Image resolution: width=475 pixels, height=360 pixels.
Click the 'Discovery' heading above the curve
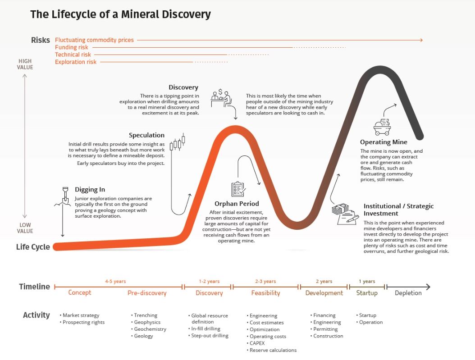[x=183, y=87]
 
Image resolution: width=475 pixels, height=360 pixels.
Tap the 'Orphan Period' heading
[x=237, y=204]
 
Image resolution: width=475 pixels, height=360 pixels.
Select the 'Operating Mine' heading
[x=384, y=142]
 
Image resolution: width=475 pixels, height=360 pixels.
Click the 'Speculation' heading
[x=146, y=135]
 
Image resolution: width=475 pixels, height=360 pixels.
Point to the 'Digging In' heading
[x=90, y=190]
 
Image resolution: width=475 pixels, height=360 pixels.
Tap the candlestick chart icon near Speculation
[x=178, y=143]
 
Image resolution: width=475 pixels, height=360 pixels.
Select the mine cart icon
[x=382, y=126]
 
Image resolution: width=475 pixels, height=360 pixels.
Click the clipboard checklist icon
[x=237, y=189]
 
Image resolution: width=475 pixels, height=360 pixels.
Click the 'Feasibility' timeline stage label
[x=265, y=293]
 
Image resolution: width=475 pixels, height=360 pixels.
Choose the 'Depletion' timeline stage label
[x=408, y=293]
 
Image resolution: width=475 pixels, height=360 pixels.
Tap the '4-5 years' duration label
[x=115, y=282]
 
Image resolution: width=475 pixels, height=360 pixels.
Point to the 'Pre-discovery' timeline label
[x=147, y=293]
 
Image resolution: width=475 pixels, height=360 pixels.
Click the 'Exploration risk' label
[x=76, y=62]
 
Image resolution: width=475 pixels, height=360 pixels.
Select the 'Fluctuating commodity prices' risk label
[x=94, y=40]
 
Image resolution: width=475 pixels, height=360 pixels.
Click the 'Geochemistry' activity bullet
[x=150, y=329]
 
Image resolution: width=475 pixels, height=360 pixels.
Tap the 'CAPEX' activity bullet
[x=257, y=343]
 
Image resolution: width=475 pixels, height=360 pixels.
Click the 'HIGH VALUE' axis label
[x=25, y=64]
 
